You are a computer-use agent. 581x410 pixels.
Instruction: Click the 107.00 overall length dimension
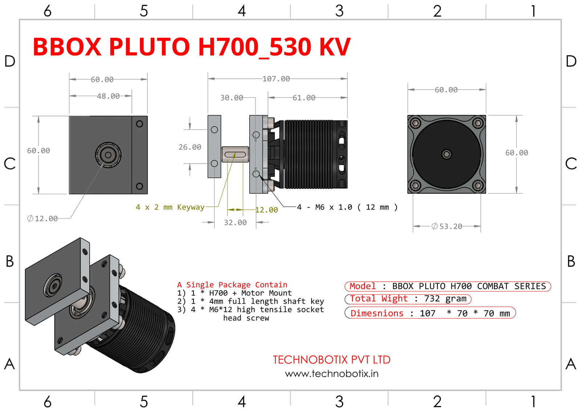pyautogui.click(x=276, y=79)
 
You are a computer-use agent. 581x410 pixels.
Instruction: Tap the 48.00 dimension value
pyautogui.click(x=108, y=96)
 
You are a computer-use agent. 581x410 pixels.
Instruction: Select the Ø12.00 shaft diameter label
pyautogui.click(x=42, y=219)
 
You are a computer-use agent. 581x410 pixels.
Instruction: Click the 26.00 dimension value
pyautogui.click(x=190, y=147)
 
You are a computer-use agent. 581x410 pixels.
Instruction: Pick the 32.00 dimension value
pyautogui.click(x=235, y=223)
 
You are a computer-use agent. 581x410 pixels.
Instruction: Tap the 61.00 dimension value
pyautogui.click(x=304, y=98)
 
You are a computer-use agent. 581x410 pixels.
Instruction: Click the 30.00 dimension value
pyautogui.click(x=232, y=98)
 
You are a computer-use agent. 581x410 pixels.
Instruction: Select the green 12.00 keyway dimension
pyautogui.click(x=267, y=210)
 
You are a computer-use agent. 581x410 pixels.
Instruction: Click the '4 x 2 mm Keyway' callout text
pyautogui.click(x=170, y=207)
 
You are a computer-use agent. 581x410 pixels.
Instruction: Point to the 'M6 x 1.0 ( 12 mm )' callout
pyautogui.click(x=347, y=207)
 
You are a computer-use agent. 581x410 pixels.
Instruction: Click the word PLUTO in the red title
pyautogui.click(x=149, y=47)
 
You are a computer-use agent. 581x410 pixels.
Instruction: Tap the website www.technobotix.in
pyautogui.click(x=332, y=374)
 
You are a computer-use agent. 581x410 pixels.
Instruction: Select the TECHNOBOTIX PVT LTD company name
pyautogui.click(x=332, y=360)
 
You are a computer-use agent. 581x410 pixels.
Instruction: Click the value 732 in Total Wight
pyautogui.click(x=432, y=299)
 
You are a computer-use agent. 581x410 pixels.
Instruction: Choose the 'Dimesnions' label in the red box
pyautogui.click(x=377, y=313)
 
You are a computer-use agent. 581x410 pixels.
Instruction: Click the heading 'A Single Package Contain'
pyautogui.click(x=232, y=285)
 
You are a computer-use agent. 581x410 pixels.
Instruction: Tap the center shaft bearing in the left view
pyautogui.click(x=108, y=155)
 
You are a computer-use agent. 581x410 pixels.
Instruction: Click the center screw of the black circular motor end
pyautogui.click(x=447, y=154)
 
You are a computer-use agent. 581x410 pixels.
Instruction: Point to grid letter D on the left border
pyautogui.click(x=10, y=61)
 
